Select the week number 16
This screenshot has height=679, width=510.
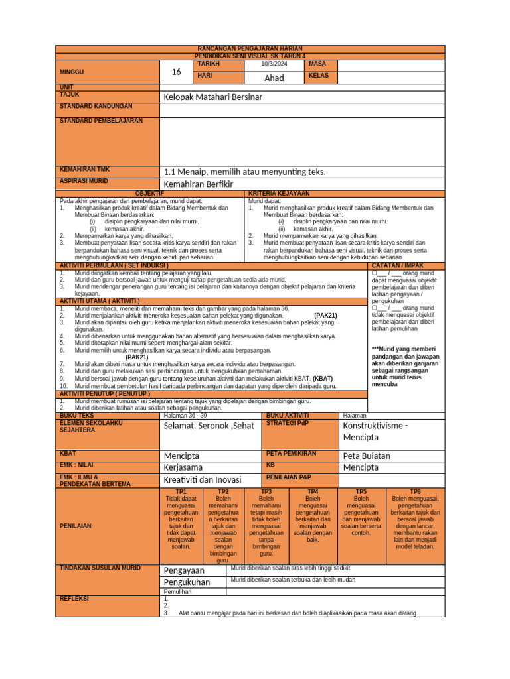[176, 72]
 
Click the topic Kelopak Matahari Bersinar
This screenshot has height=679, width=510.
[213, 97]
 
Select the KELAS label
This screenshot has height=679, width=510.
[319, 76]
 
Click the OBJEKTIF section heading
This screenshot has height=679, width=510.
[149, 193]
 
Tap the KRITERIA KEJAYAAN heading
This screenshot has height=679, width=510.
[279, 193]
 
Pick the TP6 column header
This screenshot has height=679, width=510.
[415, 491]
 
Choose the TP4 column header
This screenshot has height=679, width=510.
[313, 491]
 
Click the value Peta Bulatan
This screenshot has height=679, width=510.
[367, 456]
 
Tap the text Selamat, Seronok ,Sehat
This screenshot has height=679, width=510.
[209, 426]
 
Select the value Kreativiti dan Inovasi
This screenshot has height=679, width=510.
[203, 479]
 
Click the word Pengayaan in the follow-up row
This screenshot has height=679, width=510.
[184, 570]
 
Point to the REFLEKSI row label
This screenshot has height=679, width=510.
[74, 598]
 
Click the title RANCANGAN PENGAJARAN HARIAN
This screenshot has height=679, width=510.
[250, 49]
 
